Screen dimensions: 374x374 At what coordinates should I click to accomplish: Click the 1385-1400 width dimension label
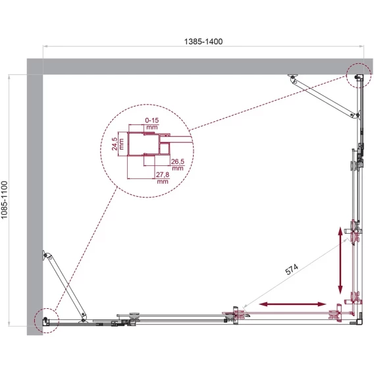(x=203, y=41)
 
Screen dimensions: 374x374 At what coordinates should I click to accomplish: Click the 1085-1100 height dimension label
(x=5, y=200)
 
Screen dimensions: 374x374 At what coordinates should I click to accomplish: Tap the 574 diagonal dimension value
(x=292, y=269)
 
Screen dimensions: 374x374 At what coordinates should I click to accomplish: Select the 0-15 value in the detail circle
(x=152, y=120)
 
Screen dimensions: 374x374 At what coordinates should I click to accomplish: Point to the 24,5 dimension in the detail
(x=115, y=144)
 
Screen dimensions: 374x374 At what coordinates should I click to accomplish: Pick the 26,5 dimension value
(x=178, y=161)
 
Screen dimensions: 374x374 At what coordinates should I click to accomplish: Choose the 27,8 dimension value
(x=163, y=174)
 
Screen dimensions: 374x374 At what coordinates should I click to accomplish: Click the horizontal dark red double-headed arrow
(x=292, y=304)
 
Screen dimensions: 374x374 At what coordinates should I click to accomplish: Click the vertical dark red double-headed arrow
(x=340, y=261)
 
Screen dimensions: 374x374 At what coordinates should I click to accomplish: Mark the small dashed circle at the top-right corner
(x=359, y=76)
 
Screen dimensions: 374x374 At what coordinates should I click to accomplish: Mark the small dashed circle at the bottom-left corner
(x=47, y=321)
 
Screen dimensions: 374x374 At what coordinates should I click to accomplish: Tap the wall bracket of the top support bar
(x=292, y=76)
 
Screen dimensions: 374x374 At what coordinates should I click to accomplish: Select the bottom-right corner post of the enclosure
(x=360, y=322)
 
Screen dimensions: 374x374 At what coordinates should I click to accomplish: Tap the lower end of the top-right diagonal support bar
(x=355, y=115)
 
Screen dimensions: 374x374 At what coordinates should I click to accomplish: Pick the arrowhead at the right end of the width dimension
(x=362, y=46)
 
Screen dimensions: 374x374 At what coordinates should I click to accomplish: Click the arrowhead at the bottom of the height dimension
(x=9, y=324)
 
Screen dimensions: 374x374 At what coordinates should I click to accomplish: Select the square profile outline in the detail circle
(x=144, y=144)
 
